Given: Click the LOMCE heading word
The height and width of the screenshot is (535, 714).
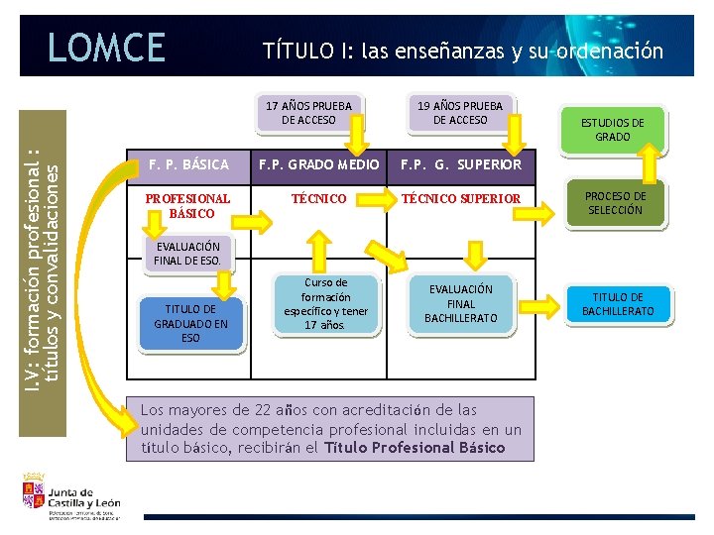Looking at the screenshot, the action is [x=106, y=47].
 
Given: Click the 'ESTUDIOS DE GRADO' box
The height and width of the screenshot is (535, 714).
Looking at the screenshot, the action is [x=612, y=130].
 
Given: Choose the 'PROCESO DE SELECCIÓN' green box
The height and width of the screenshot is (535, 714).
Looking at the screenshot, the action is [x=615, y=203].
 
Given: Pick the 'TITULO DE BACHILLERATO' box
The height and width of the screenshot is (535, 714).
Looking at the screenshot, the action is [x=618, y=304].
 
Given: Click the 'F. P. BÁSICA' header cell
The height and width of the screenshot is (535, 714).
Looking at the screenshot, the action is [x=188, y=163].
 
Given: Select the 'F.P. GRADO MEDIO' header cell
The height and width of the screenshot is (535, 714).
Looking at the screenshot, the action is [x=318, y=163].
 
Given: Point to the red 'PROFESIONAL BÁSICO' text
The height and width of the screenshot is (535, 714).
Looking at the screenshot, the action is [x=187, y=206].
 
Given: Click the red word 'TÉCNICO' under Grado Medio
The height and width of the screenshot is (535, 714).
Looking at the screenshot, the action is [x=318, y=199].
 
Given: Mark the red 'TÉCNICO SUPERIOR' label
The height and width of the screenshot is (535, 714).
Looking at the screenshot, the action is [x=460, y=199].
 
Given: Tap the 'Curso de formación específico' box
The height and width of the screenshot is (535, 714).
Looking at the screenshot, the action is [x=325, y=304].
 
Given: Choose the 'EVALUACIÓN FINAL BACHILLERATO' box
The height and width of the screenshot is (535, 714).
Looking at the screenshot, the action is [x=461, y=303].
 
